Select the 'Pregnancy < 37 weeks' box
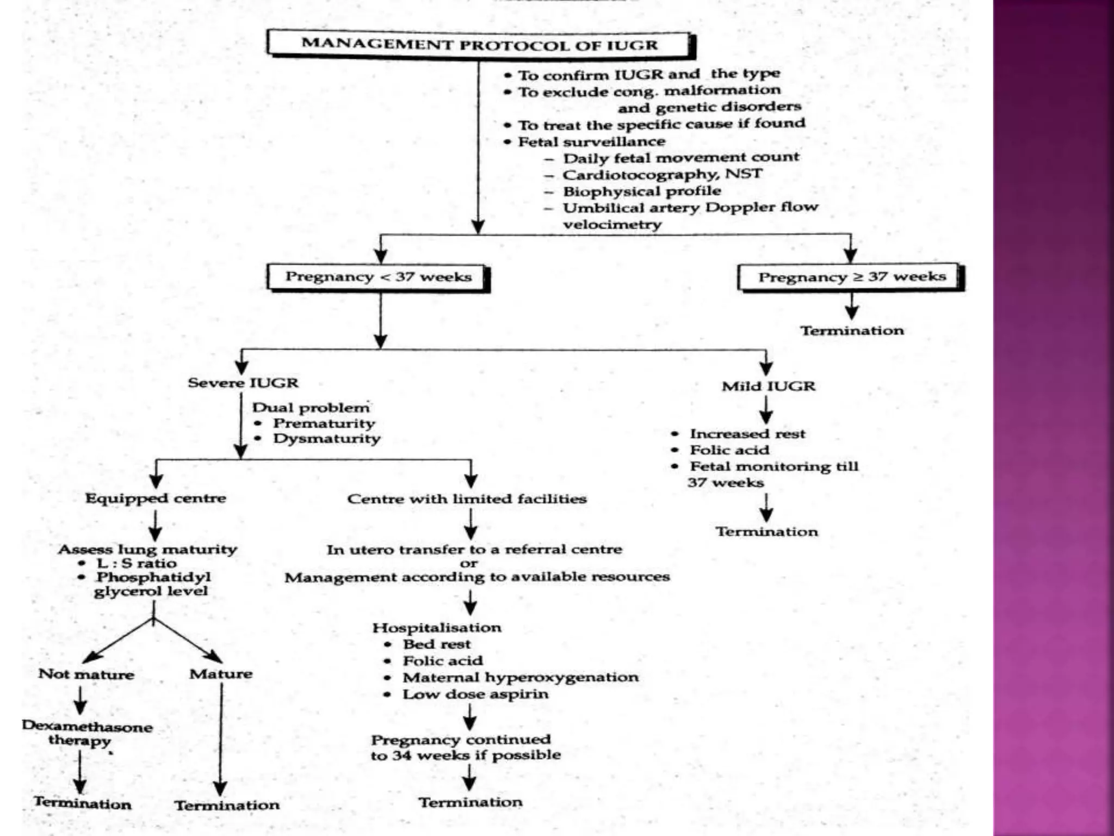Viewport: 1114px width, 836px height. click(x=378, y=277)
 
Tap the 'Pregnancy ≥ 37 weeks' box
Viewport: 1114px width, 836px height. click(x=851, y=277)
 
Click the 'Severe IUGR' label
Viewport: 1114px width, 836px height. click(x=243, y=383)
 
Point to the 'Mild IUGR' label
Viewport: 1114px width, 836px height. click(x=768, y=386)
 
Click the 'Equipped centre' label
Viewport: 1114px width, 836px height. click(x=156, y=498)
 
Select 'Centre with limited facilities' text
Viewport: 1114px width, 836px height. click(x=467, y=499)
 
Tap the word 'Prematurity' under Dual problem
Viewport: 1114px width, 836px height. click(x=324, y=423)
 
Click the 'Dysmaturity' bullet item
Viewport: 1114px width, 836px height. click(x=326, y=439)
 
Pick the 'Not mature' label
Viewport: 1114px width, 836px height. click(x=86, y=674)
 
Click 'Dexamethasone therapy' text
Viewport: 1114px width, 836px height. click(x=86, y=733)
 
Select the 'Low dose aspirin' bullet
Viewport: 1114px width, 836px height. click(x=475, y=694)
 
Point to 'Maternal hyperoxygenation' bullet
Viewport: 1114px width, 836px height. click(x=520, y=678)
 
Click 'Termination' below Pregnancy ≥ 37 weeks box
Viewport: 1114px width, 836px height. click(x=852, y=331)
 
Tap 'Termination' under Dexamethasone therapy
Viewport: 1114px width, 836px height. click(x=83, y=803)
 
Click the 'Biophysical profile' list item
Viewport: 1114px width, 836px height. click(x=641, y=192)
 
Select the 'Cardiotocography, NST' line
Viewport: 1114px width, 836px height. click(x=662, y=175)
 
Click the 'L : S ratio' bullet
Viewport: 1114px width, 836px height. click(x=137, y=563)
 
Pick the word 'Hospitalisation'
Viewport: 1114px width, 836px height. click(x=437, y=628)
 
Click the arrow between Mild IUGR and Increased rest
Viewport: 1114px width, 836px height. click(x=766, y=409)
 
